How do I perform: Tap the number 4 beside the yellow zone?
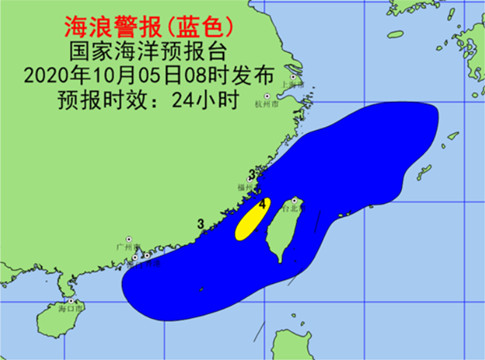coord(262,203)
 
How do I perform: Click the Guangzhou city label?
coord(124,245)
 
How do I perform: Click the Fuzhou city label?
coord(243,187)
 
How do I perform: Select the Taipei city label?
coord(289,210)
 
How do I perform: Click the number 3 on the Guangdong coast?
coord(201,223)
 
